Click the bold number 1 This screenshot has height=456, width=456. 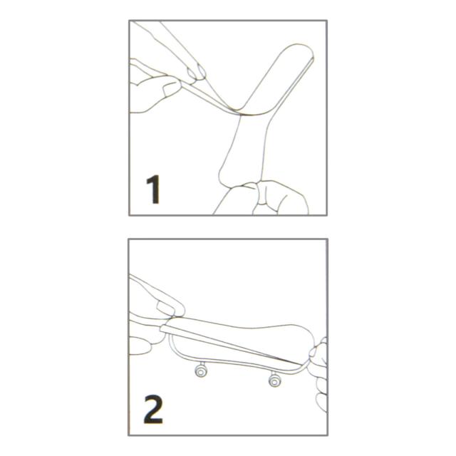pyautogui.click(x=154, y=190)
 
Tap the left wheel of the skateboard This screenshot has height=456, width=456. pyautogui.click(x=201, y=370)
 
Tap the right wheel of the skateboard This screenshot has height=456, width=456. pyautogui.click(x=274, y=380)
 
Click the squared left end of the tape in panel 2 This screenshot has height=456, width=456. pyautogui.click(x=163, y=328)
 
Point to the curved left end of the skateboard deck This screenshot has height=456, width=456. pyautogui.click(x=172, y=346)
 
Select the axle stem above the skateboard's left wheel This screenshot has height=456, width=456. pyautogui.click(x=202, y=363)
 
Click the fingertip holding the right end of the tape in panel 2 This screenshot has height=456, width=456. pyautogui.click(x=316, y=353)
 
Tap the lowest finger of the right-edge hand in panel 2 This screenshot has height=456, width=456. pyautogui.click(x=321, y=402)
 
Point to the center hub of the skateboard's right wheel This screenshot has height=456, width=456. pyautogui.click(x=274, y=380)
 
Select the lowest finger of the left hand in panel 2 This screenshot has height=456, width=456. pyautogui.click(x=141, y=346)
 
